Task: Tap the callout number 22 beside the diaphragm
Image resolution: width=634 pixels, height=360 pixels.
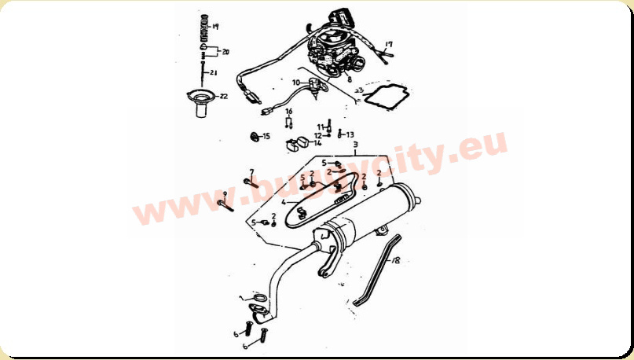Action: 223,97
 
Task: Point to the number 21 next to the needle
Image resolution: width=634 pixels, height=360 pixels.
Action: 214,73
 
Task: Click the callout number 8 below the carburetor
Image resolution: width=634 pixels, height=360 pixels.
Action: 349,79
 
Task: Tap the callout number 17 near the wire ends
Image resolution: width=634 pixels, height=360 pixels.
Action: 389,45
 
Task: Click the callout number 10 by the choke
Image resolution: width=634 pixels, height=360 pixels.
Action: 297,82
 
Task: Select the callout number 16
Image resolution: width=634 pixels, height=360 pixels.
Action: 288,112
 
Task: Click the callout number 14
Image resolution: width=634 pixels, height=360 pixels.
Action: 317,143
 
